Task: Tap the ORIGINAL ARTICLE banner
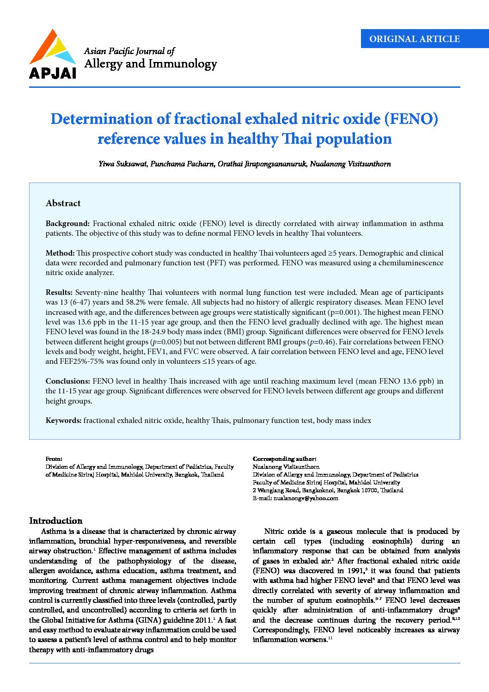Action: click(414, 39)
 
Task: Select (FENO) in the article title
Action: click(411, 119)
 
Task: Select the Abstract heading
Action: click(63, 203)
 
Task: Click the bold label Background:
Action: click(67, 224)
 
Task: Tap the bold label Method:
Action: click(60, 253)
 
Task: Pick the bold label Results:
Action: click(59, 293)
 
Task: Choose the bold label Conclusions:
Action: click(68, 381)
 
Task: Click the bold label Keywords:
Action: click(64, 421)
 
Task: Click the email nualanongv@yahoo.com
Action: click(306, 498)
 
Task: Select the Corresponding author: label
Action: click(284, 459)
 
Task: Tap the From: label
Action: click(54, 459)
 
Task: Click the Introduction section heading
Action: click(56, 521)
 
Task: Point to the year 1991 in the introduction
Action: click(355, 571)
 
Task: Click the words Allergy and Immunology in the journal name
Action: click(151, 64)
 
